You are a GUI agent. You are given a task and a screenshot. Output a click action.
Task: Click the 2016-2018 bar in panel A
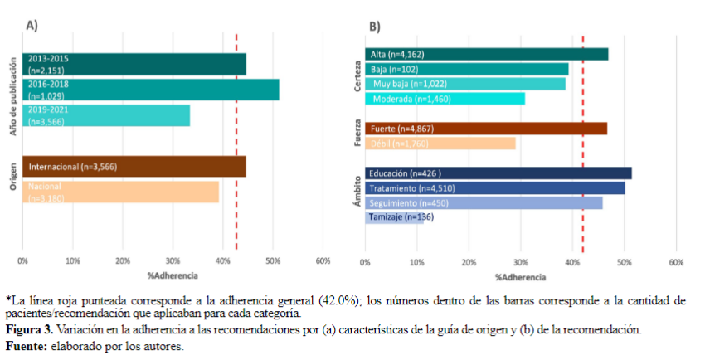[x=150, y=90]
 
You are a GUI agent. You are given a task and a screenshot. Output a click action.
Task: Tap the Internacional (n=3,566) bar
[x=134, y=167]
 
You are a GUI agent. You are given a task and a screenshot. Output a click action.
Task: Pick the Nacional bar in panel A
[x=120, y=192]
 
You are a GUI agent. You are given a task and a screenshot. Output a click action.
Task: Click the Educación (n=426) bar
[x=498, y=173]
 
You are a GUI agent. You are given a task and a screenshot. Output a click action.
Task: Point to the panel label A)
[x=32, y=26]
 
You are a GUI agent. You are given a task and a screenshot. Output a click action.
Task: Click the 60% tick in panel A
[x=323, y=261]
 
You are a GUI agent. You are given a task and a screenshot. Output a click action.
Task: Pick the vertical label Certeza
[x=357, y=75]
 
